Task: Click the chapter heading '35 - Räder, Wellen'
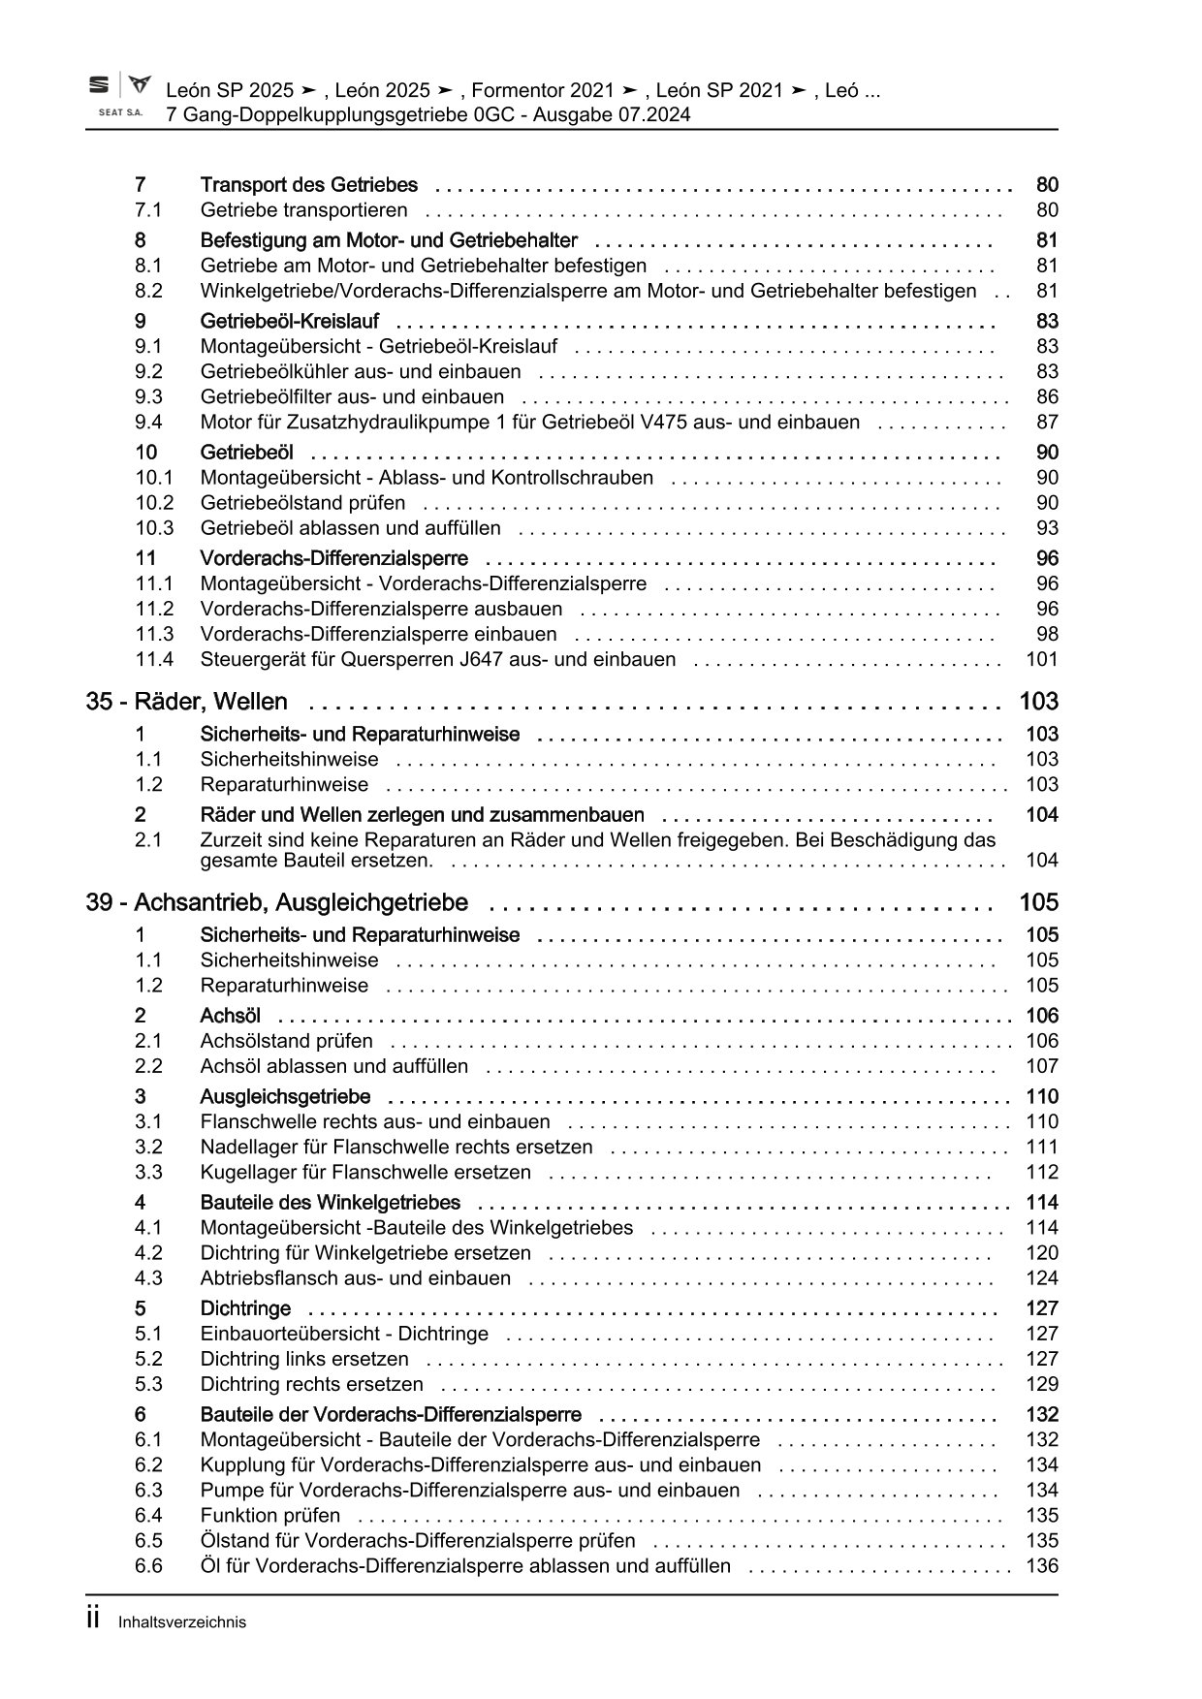[x=186, y=702]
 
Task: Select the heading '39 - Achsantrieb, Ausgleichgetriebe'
[x=276, y=902]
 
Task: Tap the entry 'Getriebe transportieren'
[x=303, y=210]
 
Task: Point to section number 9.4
[x=148, y=422]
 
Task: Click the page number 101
[x=1042, y=659]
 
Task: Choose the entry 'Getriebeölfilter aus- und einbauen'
[x=352, y=396]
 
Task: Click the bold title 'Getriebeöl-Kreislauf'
[x=290, y=321]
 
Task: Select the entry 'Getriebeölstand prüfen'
[x=302, y=502]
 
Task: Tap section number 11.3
[x=153, y=634]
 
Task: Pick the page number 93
[x=1047, y=527]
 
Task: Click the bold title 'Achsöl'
[x=230, y=1016]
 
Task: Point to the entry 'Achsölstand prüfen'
[x=286, y=1041]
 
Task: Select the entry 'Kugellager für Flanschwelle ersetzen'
[x=365, y=1172]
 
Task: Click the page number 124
[x=1042, y=1277]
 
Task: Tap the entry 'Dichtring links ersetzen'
[x=304, y=1359]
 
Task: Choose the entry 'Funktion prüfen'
[x=270, y=1515]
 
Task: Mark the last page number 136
[x=1042, y=1565]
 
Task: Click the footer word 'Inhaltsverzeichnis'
[x=182, y=1621]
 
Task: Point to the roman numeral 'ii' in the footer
[x=93, y=1619]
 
